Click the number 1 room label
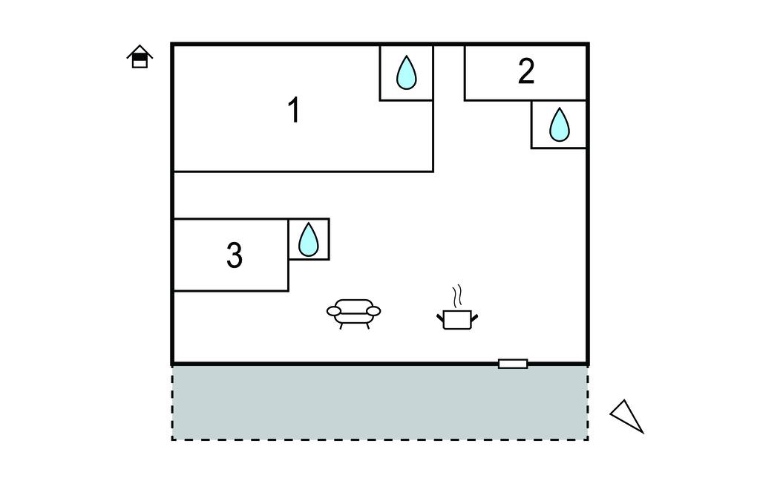[294, 111]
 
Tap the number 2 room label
[525, 71]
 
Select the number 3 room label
[234, 255]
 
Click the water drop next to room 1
[406, 73]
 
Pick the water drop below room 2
[559, 125]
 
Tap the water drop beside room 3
[308, 239]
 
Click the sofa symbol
[353, 313]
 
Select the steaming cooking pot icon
[456, 318]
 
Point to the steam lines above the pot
[459, 295]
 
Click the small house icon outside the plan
[140, 57]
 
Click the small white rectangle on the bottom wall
[513, 364]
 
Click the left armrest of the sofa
[334, 311]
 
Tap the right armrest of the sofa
[373, 311]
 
